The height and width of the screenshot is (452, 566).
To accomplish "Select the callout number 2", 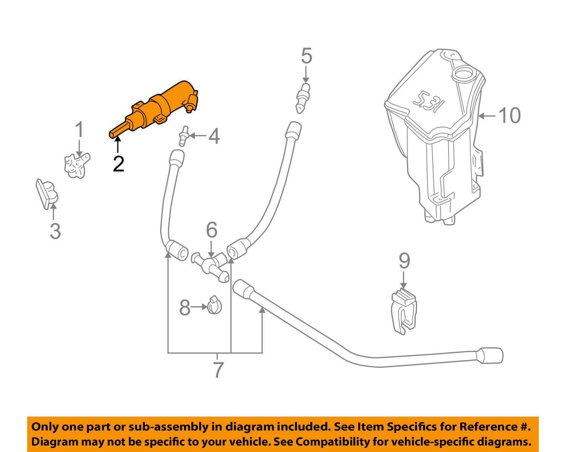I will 118,164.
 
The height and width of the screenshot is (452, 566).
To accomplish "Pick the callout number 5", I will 306,56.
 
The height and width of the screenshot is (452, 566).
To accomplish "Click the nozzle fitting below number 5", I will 304,98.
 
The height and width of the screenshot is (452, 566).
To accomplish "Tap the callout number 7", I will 218,370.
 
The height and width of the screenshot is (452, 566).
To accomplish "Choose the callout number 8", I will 185,308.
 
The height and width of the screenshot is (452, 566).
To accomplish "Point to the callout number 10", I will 509,115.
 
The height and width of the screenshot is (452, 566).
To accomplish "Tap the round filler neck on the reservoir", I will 464,73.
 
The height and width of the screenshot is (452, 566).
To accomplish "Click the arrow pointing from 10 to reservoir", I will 487,116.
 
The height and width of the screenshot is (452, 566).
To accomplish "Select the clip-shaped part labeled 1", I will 77,165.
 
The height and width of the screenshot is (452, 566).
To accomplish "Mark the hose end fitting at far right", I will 490,356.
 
